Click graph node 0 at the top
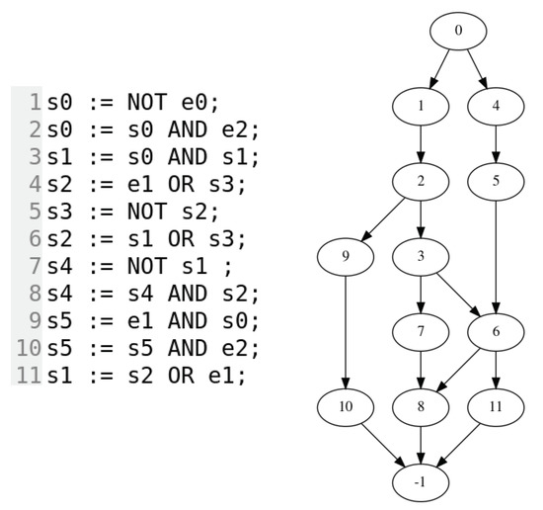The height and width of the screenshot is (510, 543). click(458, 31)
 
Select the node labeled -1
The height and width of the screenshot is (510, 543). click(421, 481)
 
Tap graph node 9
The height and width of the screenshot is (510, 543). click(346, 256)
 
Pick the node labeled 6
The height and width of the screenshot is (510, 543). click(496, 331)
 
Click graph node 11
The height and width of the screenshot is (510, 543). click(496, 406)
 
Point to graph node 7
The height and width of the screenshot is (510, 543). click(421, 331)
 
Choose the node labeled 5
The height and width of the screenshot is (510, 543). click(496, 181)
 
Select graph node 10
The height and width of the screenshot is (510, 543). click(346, 406)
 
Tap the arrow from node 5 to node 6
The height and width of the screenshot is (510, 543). click(496, 256)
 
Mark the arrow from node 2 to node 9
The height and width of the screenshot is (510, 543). click(383, 218)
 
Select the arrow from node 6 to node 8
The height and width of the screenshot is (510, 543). click(458, 369)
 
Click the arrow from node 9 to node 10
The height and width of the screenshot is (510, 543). click(346, 331)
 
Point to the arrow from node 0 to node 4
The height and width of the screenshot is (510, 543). click(477, 67)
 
